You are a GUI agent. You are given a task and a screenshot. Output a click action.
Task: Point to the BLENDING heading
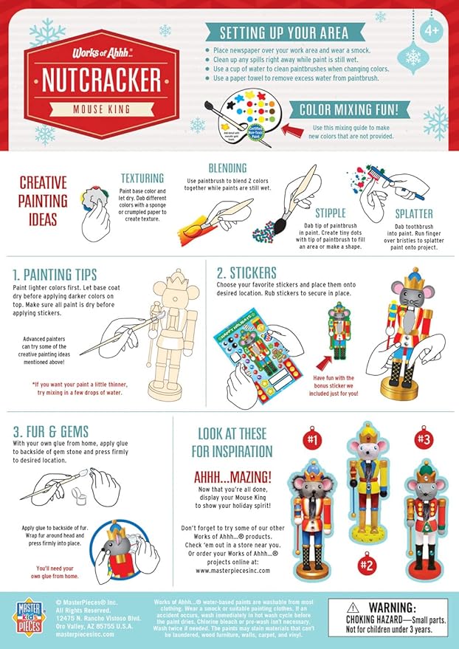tap(227, 168)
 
